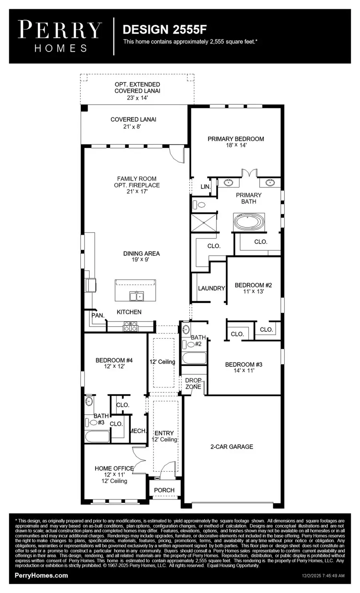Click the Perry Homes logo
point(60,36)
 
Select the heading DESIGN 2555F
point(164,29)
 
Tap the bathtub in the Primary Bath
point(249,222)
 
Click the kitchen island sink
point(136,296)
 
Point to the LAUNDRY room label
point(211,288)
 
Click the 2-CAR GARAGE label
point(232,447)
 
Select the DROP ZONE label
point(193,383)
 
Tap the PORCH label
point(164,490)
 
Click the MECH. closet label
point(138,431)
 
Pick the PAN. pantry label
point(98,315)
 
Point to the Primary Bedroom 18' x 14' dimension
point(236,145)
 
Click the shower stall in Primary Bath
point(204,223)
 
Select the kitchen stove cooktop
point(130,327)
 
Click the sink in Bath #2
point(186,330)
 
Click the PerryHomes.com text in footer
point(41,575)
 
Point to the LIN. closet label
point(205,187)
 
